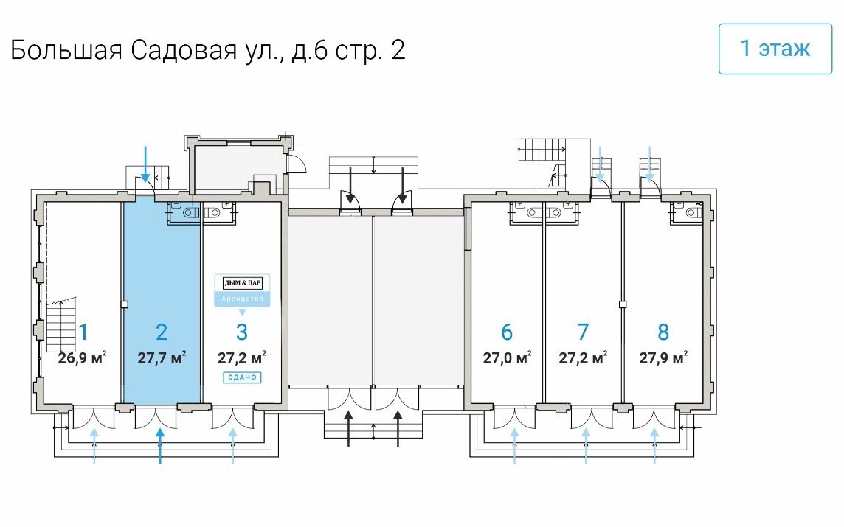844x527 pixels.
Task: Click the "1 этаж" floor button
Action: (x=775, y=49)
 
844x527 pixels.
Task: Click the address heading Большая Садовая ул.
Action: (x=207, y=50)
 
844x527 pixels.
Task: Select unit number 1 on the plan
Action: (x=83, y=332)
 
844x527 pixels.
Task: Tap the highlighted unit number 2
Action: (x=162, y=332)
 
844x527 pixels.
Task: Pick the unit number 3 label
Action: (x=241, y=332)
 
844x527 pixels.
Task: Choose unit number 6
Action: (x=507, y=332)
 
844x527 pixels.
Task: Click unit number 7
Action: (x=583, y=332)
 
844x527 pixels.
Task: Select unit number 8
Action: (x=663, y=332)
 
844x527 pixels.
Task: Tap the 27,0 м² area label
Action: (x=507, y=358)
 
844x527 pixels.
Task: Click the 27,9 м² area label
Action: (x=663, y=358)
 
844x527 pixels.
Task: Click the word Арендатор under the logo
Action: (x=242, y=299)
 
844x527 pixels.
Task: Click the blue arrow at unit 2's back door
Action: (x=145, y=164)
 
